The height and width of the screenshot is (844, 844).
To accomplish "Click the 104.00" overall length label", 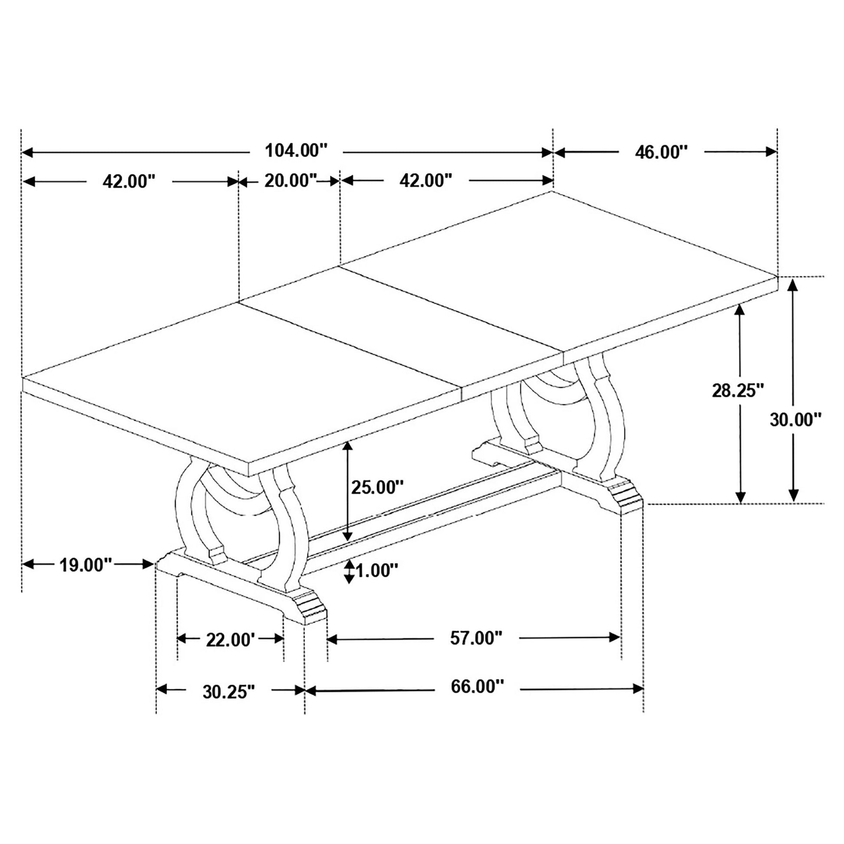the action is click(297, 151).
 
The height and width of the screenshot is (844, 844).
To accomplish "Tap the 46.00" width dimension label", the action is click(661, 153).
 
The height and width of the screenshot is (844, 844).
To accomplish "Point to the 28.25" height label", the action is click(738, 390).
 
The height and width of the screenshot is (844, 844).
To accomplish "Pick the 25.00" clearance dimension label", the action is click(377, 487).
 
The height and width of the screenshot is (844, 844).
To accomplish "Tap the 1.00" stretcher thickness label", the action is click(377, 570).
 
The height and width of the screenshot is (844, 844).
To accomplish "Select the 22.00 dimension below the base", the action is click(230, 641).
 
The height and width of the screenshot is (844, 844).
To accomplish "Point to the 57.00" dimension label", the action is click(477, 638).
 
